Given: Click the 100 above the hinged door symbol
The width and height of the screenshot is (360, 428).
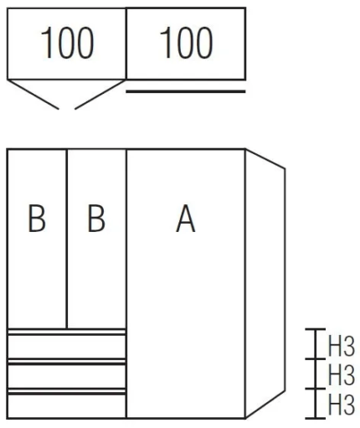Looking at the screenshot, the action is coord(67,43).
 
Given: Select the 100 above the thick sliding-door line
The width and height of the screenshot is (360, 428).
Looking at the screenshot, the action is coord(186,43).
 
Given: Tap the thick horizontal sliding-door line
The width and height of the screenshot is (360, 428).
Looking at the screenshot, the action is coord(186,91).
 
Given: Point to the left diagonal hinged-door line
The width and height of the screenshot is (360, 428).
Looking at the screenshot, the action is coord(33,95).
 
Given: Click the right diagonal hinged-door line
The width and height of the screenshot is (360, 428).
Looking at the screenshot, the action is coord(100,95).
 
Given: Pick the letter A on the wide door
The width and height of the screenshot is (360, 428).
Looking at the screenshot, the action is coord(186,219).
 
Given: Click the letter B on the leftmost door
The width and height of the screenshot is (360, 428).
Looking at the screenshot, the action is coord(37,219).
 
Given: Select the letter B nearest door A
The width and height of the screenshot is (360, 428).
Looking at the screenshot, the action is coord(96,219).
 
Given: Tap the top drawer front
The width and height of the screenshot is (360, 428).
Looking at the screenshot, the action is coord(67,346).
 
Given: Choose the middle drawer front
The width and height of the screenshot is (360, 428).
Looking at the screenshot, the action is coord(67,376).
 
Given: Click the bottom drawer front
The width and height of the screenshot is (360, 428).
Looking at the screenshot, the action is coord(67,406).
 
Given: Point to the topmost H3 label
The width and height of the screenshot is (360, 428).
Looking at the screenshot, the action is coord(342,347).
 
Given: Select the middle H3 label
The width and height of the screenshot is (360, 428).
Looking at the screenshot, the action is coord(342,374).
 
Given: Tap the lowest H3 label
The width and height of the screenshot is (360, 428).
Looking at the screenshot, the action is coord(342,404).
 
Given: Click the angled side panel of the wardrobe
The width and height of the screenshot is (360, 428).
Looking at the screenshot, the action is coord(265,283).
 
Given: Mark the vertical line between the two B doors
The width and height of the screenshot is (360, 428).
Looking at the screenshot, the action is coord(67,239).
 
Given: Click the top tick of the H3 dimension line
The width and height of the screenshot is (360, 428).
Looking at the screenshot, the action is coord(316,329).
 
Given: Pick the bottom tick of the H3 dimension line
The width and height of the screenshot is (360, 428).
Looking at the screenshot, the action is coord(316,418).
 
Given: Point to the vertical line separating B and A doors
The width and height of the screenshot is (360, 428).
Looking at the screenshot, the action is coord(126,284).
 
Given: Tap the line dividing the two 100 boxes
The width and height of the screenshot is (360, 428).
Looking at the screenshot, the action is coord(126,44).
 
